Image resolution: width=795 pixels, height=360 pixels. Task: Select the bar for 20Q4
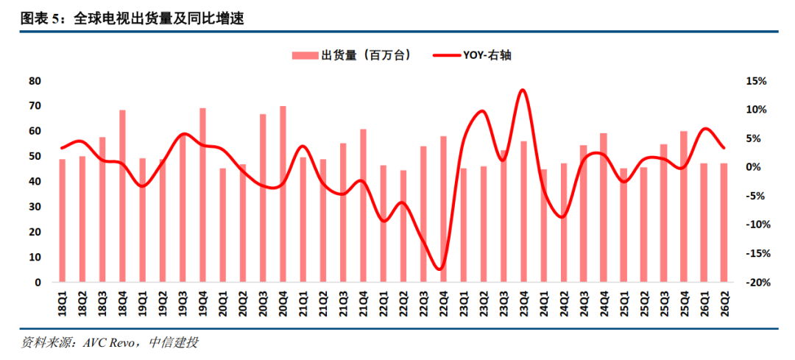point(283,194)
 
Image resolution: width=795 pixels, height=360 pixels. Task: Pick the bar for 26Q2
point(724,222)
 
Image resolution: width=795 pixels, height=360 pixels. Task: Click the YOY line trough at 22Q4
point(440,268)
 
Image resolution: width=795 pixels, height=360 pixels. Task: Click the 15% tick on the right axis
point(756,81)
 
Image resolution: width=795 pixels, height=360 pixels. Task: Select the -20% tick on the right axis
point(755,283)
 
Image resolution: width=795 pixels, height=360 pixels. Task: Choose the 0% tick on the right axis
point(758,167)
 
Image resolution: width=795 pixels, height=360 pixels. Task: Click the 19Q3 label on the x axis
point(183,302)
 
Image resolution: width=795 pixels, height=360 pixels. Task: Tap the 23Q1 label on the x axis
point(464,302)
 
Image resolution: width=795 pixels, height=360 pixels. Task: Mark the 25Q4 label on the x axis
point(685,302)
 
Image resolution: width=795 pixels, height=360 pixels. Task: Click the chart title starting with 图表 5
point(132,19)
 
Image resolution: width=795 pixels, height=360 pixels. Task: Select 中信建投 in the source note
point(174,343)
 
